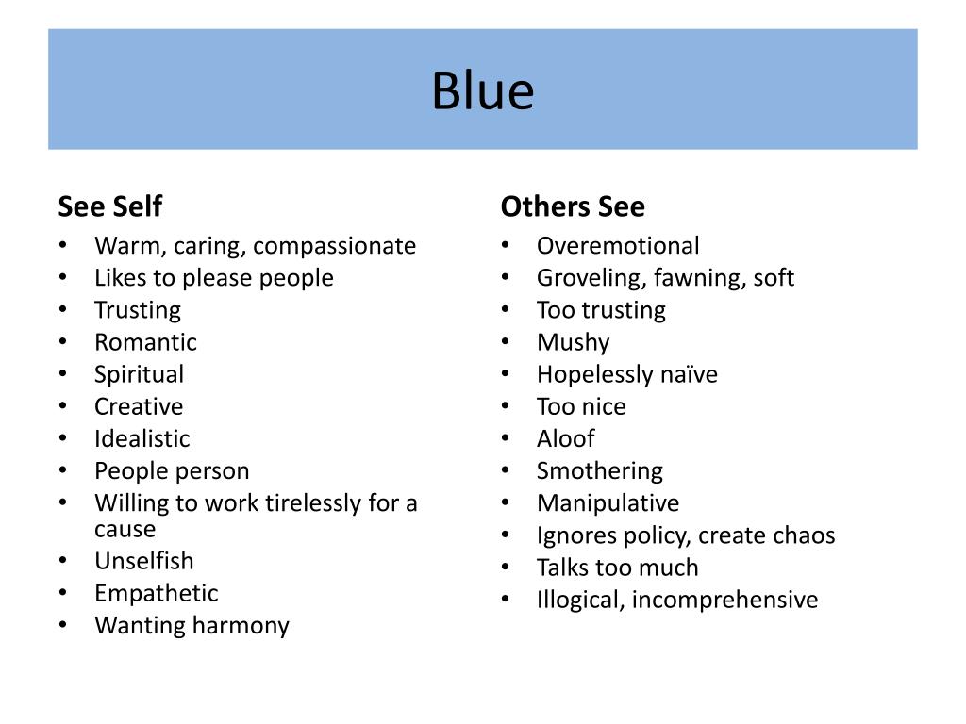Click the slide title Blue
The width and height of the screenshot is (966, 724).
click(x=483, y=91)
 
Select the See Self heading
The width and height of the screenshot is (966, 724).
click(x=110, y=206)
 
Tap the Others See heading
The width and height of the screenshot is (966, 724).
click(x=573, y=206)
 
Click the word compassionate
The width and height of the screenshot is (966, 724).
click(x=334, y=246)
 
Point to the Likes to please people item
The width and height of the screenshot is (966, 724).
click(x=213, y=278)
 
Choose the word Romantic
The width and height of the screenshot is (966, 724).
click(x=145, y=342)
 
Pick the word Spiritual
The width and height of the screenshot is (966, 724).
click(x=139, y=374)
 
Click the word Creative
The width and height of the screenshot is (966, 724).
click(x=139, y=406)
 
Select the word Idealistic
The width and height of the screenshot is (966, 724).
click(x=142, y=438)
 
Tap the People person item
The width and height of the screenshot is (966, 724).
click(x=172, y=470)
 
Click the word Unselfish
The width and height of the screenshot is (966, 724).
click(x=143, y=561)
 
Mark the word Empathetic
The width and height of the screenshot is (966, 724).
click(x=156, y=593)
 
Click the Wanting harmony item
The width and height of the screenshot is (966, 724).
click(x=192, y=625)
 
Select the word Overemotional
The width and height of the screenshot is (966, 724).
click(x=618, y=246)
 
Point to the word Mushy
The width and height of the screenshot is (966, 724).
click(x=573, y=342)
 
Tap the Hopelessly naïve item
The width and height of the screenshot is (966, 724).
click(x=626, y=374)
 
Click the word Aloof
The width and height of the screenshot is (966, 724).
click(x=565, y=438)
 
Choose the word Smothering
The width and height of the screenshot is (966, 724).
click(x=599, y=470)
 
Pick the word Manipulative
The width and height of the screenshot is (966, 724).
click(x=608, y=502)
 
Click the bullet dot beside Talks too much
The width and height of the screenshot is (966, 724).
click(x=507, y=567)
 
